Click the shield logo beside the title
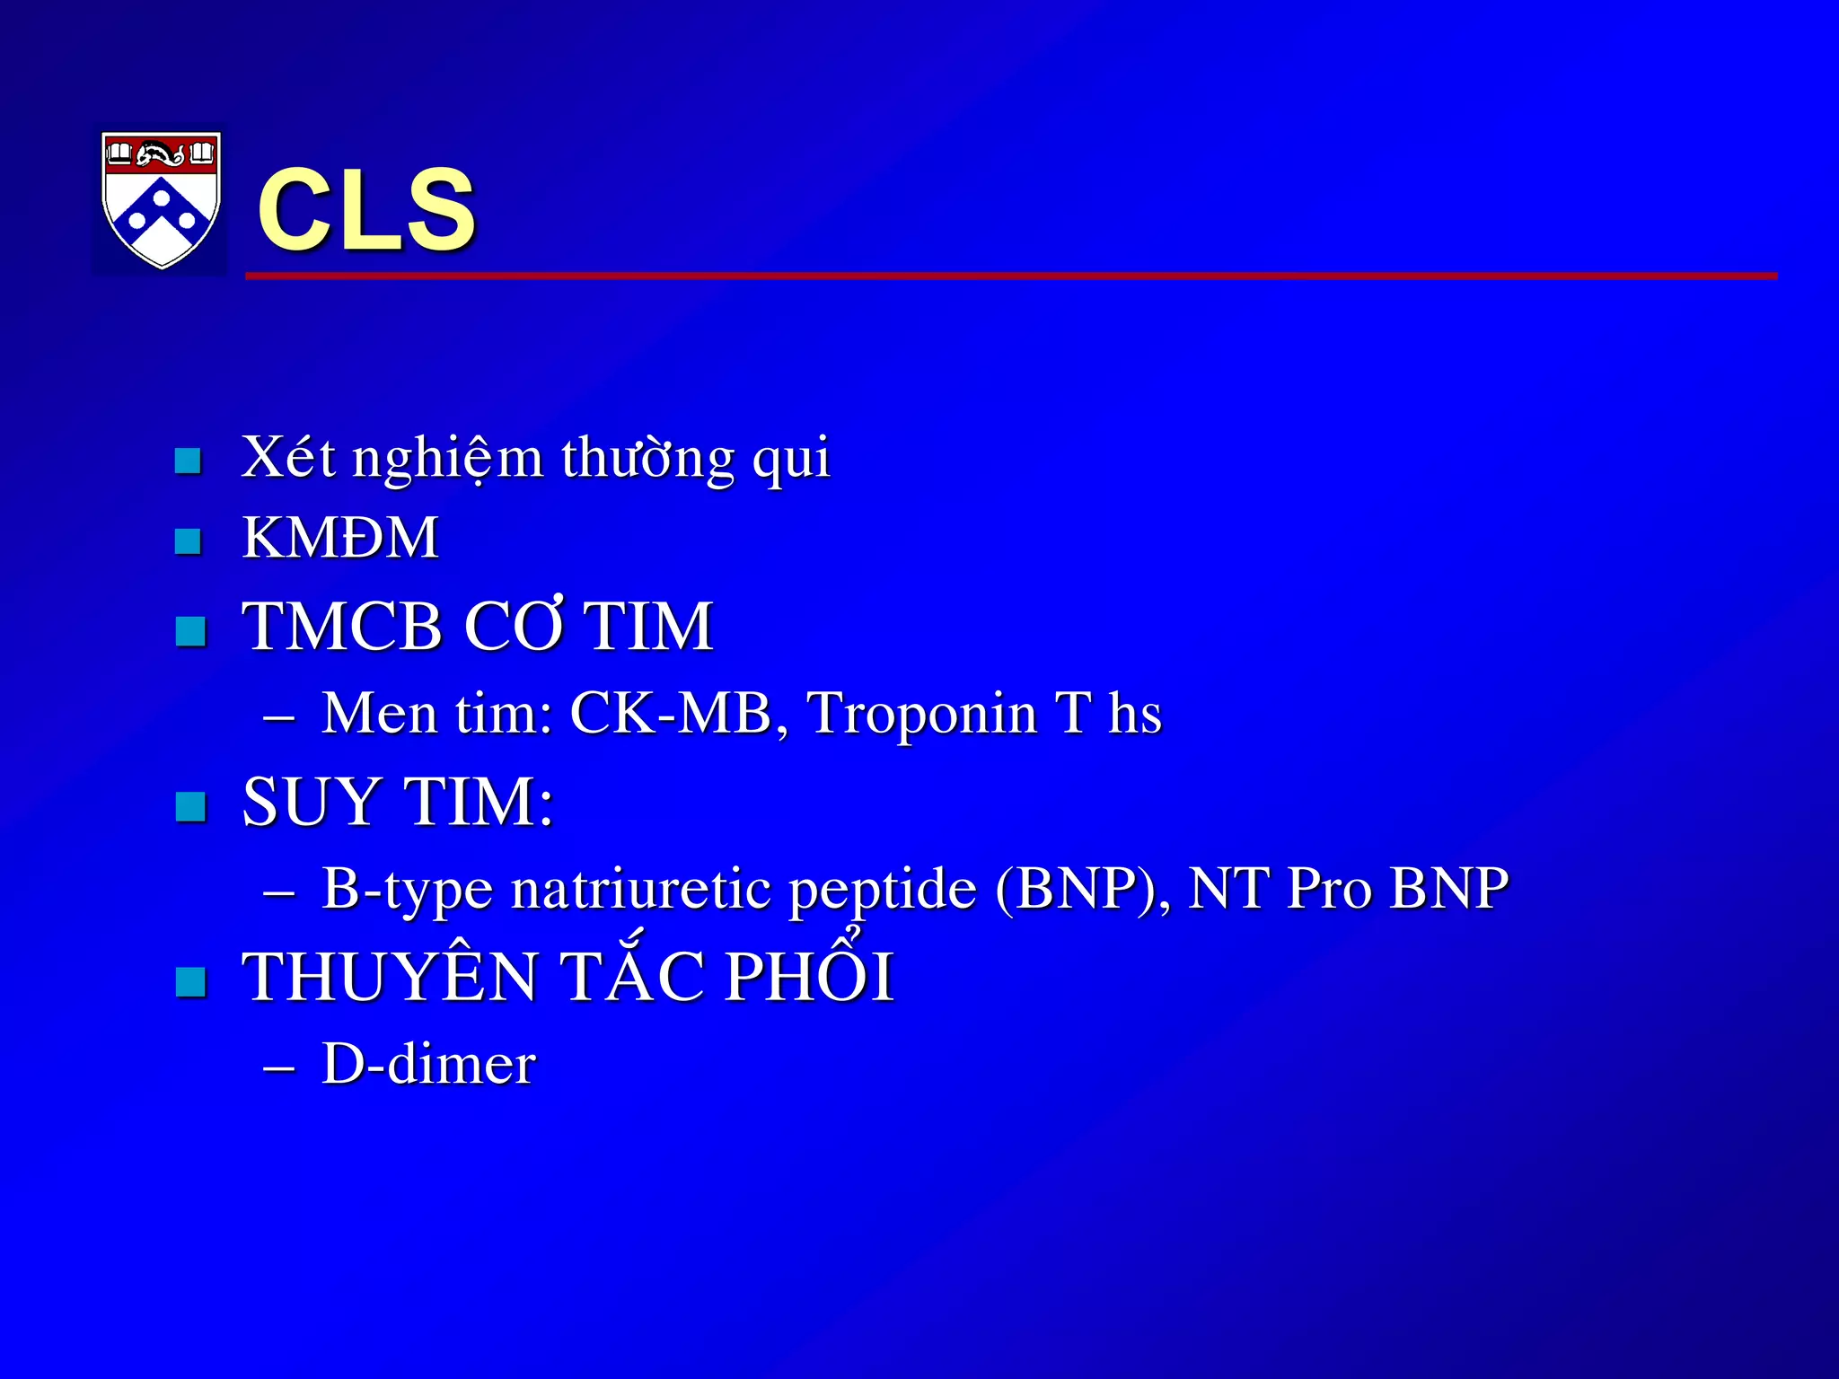pyautogui.click(x=161, y=199)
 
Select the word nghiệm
pyautogui.click(x=447, y=460)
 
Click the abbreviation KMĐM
pyautogui.click(x=340, y=538)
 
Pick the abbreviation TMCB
pyautogui.click(x=343, y=626)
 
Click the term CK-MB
pyautogui.click(x=671, y=714)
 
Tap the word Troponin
pyautogui.click(x=922, y=716)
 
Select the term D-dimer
pyautogui.click(x=428, y=1064)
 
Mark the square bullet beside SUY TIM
pyautogui.click(x=191, y=806)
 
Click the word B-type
pyautogui.click(x=407, y=891)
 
